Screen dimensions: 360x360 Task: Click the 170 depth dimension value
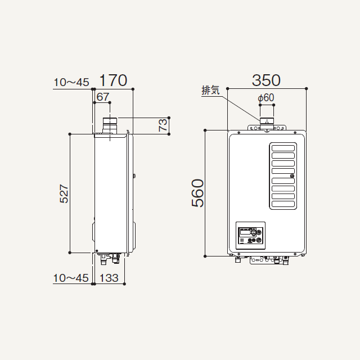click(x=113, y=80)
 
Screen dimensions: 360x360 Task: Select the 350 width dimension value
click(x=266, y=80)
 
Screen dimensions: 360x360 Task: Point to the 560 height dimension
click(x=197, y=193)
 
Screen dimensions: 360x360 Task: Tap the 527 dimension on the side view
click(x=64, y=193)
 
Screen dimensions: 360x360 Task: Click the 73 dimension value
click(x=163, y=125)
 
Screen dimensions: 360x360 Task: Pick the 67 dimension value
click(x=103, y=97)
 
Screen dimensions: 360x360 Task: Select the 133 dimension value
click(x=109, y=278)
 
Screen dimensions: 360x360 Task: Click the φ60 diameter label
click(x=266, y=98)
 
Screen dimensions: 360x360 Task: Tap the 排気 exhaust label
click(x=210, y=90)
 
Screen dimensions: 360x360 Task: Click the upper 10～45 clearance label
click(x=71, y=82)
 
